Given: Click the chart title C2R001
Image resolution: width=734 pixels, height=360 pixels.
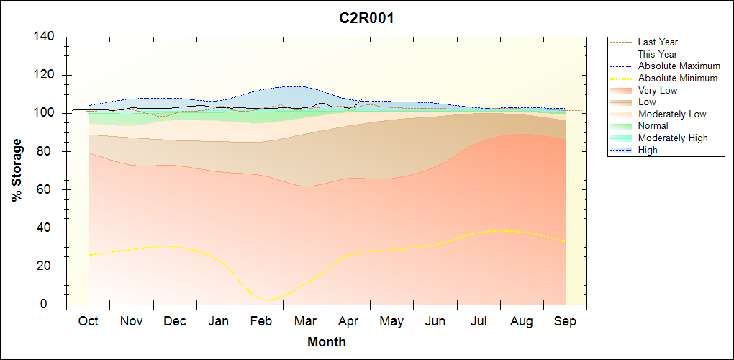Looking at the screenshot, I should (366, 18).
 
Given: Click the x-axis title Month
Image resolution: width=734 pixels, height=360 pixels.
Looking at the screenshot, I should (327, 342).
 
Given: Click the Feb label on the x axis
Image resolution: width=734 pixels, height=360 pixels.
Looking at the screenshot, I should (261, 321).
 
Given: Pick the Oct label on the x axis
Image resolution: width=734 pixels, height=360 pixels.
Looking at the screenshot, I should (89, 321).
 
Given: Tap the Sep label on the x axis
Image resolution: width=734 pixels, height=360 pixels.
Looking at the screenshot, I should (565, 321).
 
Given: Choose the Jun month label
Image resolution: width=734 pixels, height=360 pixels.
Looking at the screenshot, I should (435, 321).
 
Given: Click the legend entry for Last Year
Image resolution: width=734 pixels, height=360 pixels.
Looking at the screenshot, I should (658, 42).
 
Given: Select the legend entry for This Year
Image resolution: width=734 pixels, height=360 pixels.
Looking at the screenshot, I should (658, 54).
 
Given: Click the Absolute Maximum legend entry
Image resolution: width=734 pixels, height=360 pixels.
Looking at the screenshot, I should (679, 66).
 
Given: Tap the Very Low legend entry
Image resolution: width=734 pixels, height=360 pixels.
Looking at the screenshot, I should (658, 90).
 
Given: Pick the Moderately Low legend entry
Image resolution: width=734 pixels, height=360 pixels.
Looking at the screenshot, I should (672, 114).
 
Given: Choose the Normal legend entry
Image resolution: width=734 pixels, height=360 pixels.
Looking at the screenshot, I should (653, 126).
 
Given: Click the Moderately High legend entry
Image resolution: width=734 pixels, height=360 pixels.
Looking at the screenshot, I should (673, 138).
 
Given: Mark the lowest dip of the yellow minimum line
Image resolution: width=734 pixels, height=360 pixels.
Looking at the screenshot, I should (268, 300).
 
